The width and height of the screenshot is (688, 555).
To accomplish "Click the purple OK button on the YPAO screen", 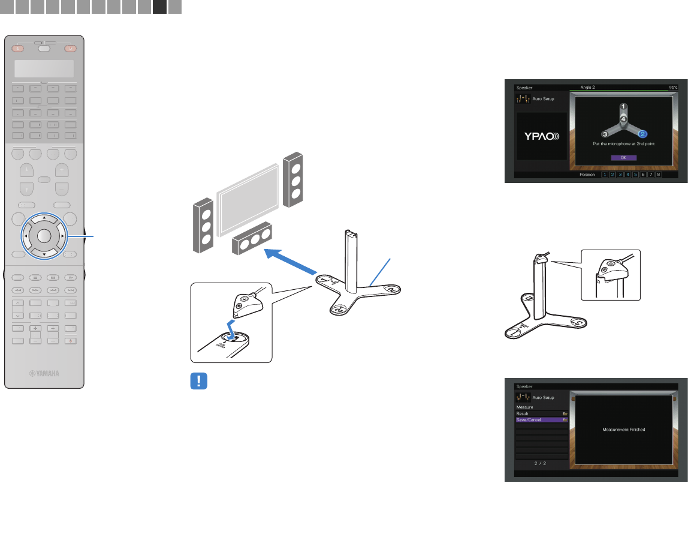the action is (623, 157).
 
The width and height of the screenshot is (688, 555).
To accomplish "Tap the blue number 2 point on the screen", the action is (642, 134).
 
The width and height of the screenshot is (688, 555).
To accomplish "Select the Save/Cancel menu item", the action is (542, 420).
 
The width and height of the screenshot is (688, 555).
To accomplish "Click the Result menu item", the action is (542, 413).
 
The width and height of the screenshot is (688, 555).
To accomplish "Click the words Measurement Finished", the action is (623, 430).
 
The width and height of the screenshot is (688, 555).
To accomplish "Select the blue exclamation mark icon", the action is (198, 381).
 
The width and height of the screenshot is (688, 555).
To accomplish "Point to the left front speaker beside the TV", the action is (204, 226).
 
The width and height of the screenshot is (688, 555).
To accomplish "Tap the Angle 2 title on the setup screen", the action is (589, 88).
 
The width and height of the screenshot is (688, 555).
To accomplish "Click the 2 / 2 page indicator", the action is (542, 464).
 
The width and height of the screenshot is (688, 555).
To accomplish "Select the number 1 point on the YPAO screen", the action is (623, 106).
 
